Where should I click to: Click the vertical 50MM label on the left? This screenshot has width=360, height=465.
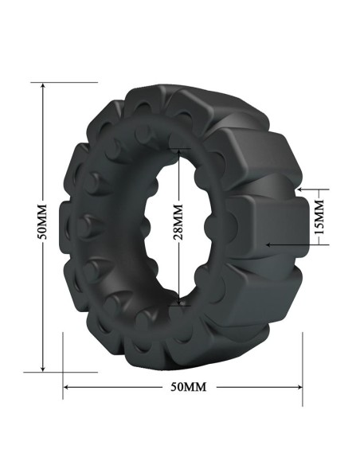coord(43,221)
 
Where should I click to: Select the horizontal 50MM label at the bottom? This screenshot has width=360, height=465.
coord(188,387)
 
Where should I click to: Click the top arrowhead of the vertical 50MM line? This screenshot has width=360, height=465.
coord(43,86)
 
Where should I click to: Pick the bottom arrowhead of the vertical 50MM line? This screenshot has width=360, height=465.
coord(43,369)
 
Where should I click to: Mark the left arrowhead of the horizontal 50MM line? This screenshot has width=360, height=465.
coord(67,387)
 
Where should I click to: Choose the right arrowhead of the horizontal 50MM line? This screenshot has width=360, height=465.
coord(299,387)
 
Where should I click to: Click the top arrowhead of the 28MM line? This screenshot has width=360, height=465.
coord(179,151)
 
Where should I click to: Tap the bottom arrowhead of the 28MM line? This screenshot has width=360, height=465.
coord(179,303)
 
